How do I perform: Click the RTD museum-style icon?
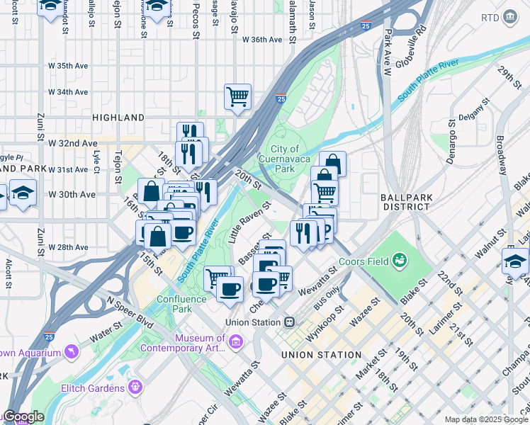pos(509,17)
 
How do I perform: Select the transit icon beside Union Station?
pos(289,322)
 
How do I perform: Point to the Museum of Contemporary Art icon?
pos(236,343)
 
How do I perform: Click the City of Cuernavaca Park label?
pos(285,159)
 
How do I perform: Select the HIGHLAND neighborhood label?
pos(118,118)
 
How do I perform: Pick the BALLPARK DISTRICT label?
pos(405,202)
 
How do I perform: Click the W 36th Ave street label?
pos(263,40)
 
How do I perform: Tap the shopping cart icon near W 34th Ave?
pos(237,96)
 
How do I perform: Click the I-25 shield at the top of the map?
pos(365,26)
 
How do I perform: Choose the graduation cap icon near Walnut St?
pos(514,261)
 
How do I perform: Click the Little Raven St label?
pos(250,222)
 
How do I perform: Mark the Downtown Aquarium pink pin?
pos(71,351)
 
